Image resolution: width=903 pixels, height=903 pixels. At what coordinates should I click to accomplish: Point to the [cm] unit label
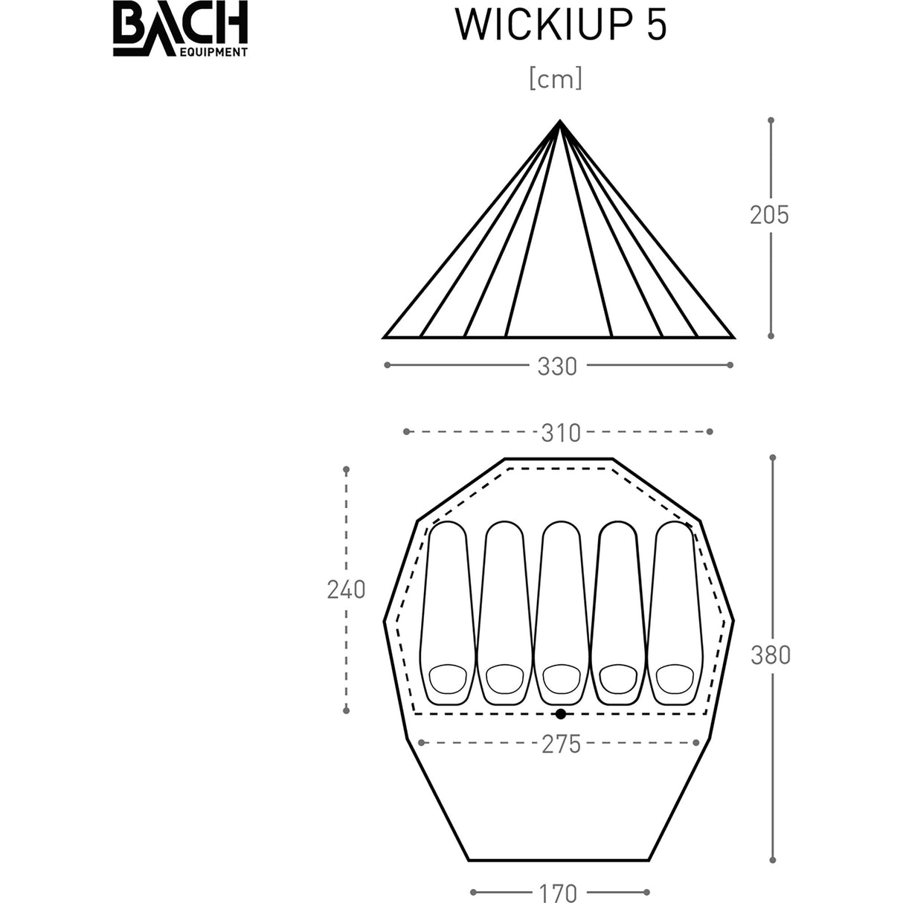555,79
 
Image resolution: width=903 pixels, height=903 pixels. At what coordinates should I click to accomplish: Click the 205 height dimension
769,215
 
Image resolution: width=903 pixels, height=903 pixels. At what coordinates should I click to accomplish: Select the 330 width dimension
557,366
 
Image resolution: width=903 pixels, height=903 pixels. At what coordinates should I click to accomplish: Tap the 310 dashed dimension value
560,432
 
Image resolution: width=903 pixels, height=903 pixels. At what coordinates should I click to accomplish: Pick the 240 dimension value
346,590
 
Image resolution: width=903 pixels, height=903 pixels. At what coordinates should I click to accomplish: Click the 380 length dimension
771,655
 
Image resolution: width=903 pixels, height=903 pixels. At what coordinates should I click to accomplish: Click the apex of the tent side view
559,121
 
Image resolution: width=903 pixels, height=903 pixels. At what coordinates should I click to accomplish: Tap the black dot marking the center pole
560,714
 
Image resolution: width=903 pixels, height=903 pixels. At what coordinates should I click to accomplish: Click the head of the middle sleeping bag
560,678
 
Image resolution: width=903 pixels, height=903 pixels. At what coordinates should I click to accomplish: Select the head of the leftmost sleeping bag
448,678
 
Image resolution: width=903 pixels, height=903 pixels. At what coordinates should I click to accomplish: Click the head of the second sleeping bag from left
504,678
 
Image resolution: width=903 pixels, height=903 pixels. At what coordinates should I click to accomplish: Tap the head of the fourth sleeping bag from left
617,678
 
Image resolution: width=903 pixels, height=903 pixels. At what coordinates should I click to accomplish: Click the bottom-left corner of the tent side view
384,337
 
